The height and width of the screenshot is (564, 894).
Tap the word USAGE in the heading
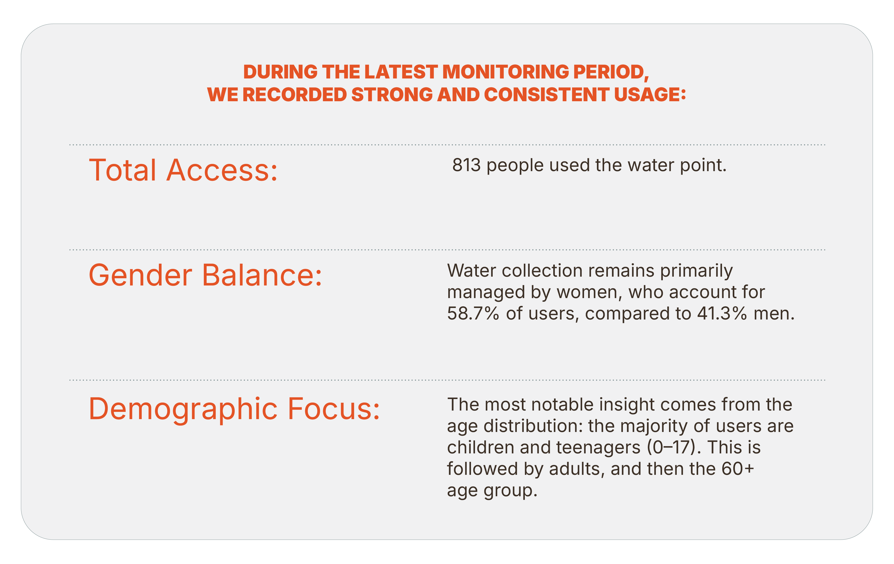(650, 95)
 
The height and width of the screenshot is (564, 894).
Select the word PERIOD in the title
(611, 72)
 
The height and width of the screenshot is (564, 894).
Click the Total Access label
(183, 170)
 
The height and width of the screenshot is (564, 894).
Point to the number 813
(466, 165)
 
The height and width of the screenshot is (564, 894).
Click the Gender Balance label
(205, 275)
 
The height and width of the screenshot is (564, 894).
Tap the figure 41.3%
(722, 314)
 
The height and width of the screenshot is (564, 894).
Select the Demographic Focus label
(234, 409)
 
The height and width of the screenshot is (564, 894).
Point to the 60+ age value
(738, 469)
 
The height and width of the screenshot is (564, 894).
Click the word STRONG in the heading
(392, 95)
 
